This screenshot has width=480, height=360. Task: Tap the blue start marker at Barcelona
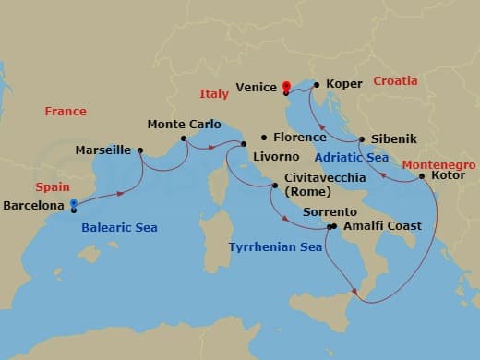tap(72, 208)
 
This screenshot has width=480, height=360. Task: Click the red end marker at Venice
tap(286, 88)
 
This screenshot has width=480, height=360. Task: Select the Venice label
tap(257, 88)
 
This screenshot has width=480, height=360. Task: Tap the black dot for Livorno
tap(244, 144)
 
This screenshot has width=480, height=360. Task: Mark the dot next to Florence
tap(265, 137)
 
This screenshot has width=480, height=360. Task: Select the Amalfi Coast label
tap(381, 225)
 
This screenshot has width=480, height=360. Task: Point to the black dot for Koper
tap(317, 86)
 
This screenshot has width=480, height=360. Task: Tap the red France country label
tap(66, 112)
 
